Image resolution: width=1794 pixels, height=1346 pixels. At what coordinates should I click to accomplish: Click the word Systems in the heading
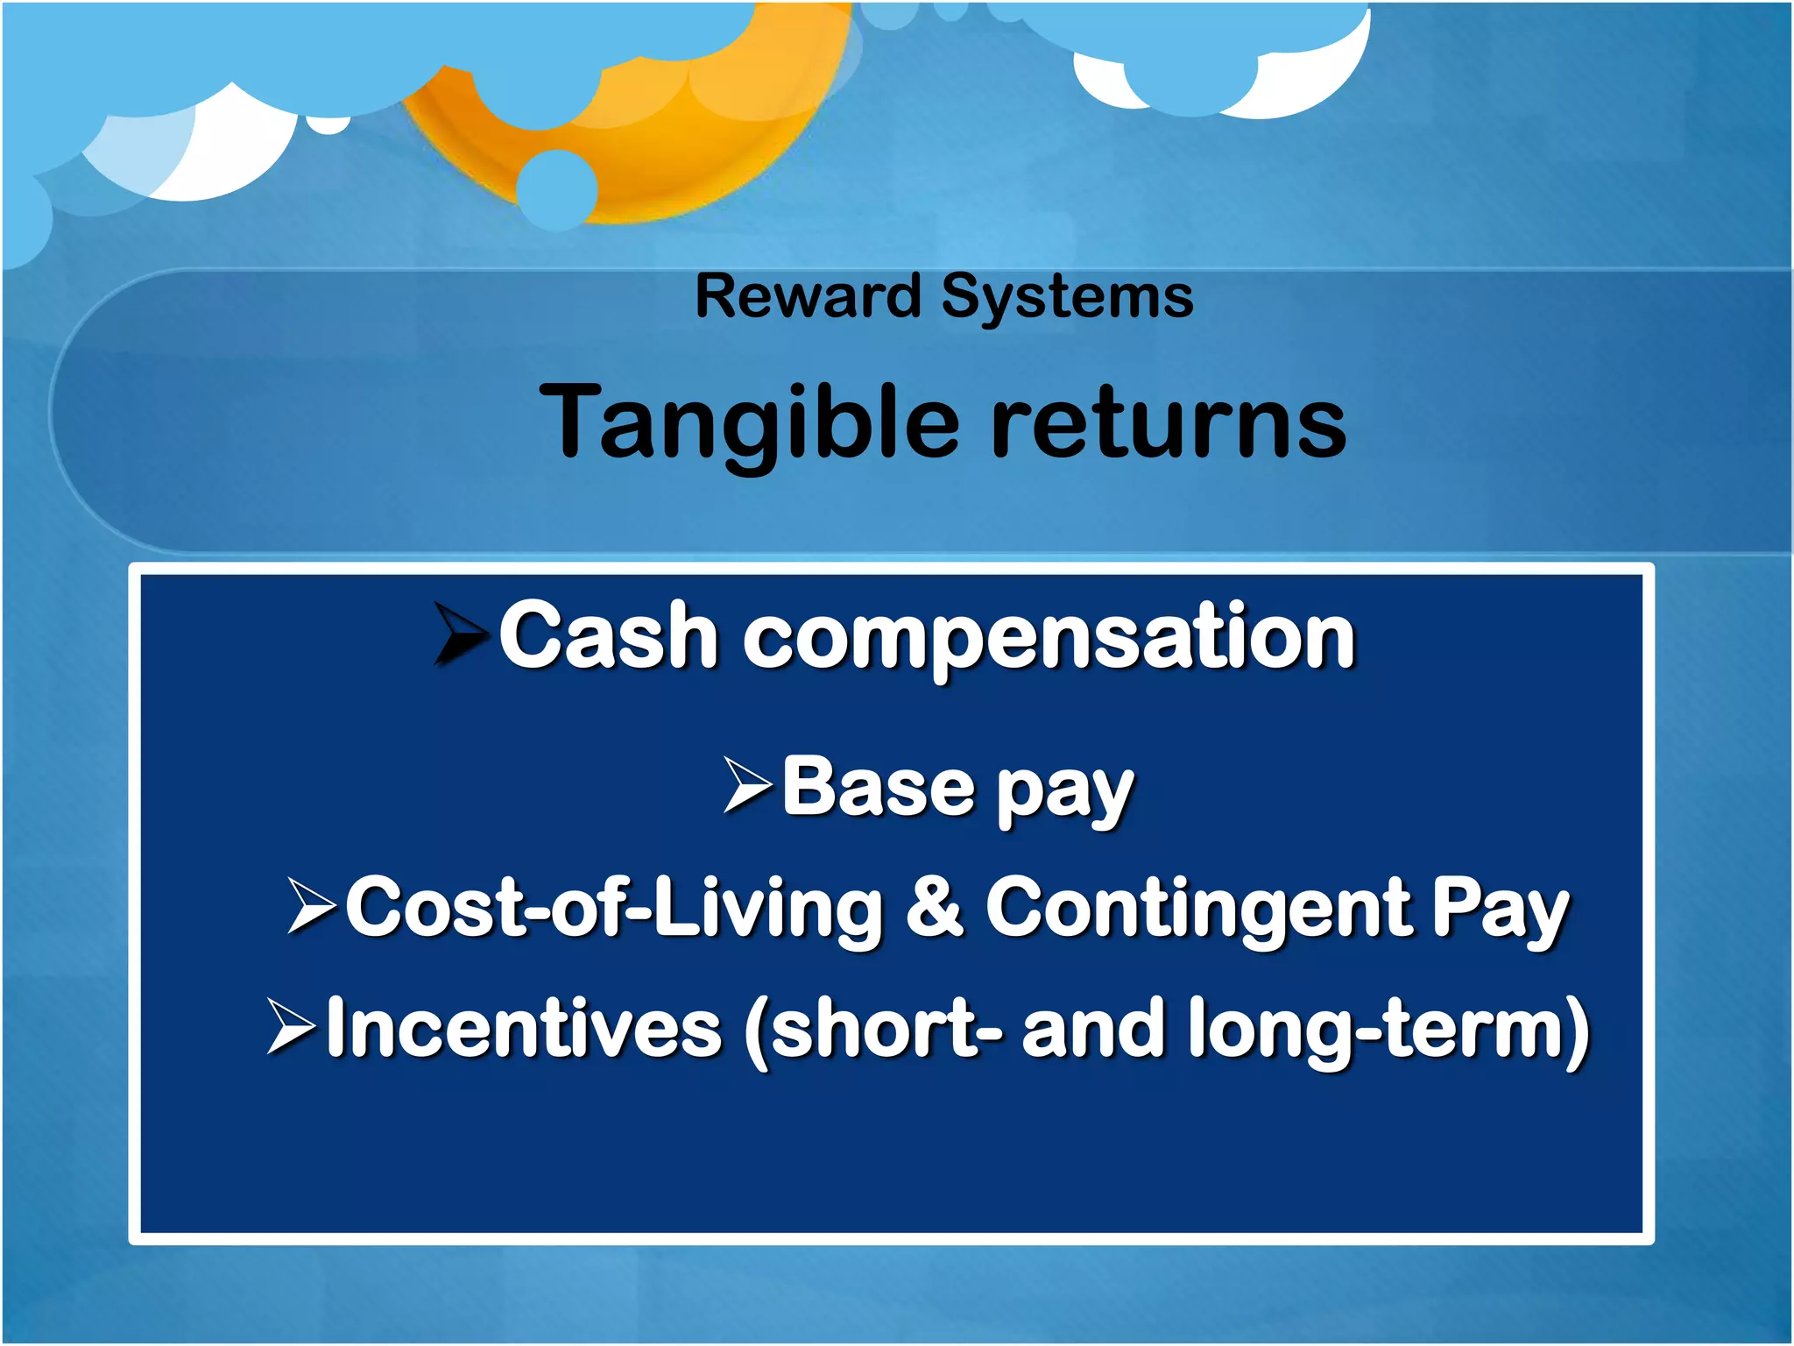(x=1067, y=298)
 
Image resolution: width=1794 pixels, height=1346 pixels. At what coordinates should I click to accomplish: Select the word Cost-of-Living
(x=614, y=908)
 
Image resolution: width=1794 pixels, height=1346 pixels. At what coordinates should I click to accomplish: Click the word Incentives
(x=524, y=1028)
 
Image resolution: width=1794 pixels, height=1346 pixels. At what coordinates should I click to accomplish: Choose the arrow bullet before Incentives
(x=292, y=1027)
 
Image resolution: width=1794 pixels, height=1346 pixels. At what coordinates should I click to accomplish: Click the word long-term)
(x=1388, y=1030)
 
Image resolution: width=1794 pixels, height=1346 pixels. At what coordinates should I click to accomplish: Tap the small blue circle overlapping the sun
(x=557, y=189)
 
